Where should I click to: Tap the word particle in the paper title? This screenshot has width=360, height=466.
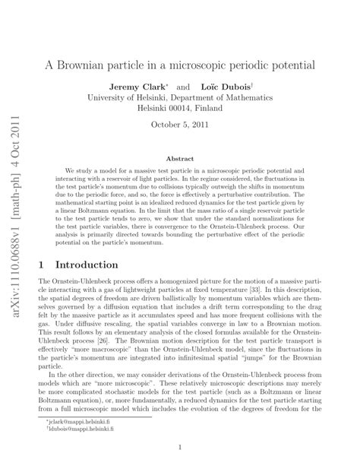click(150, 65)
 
